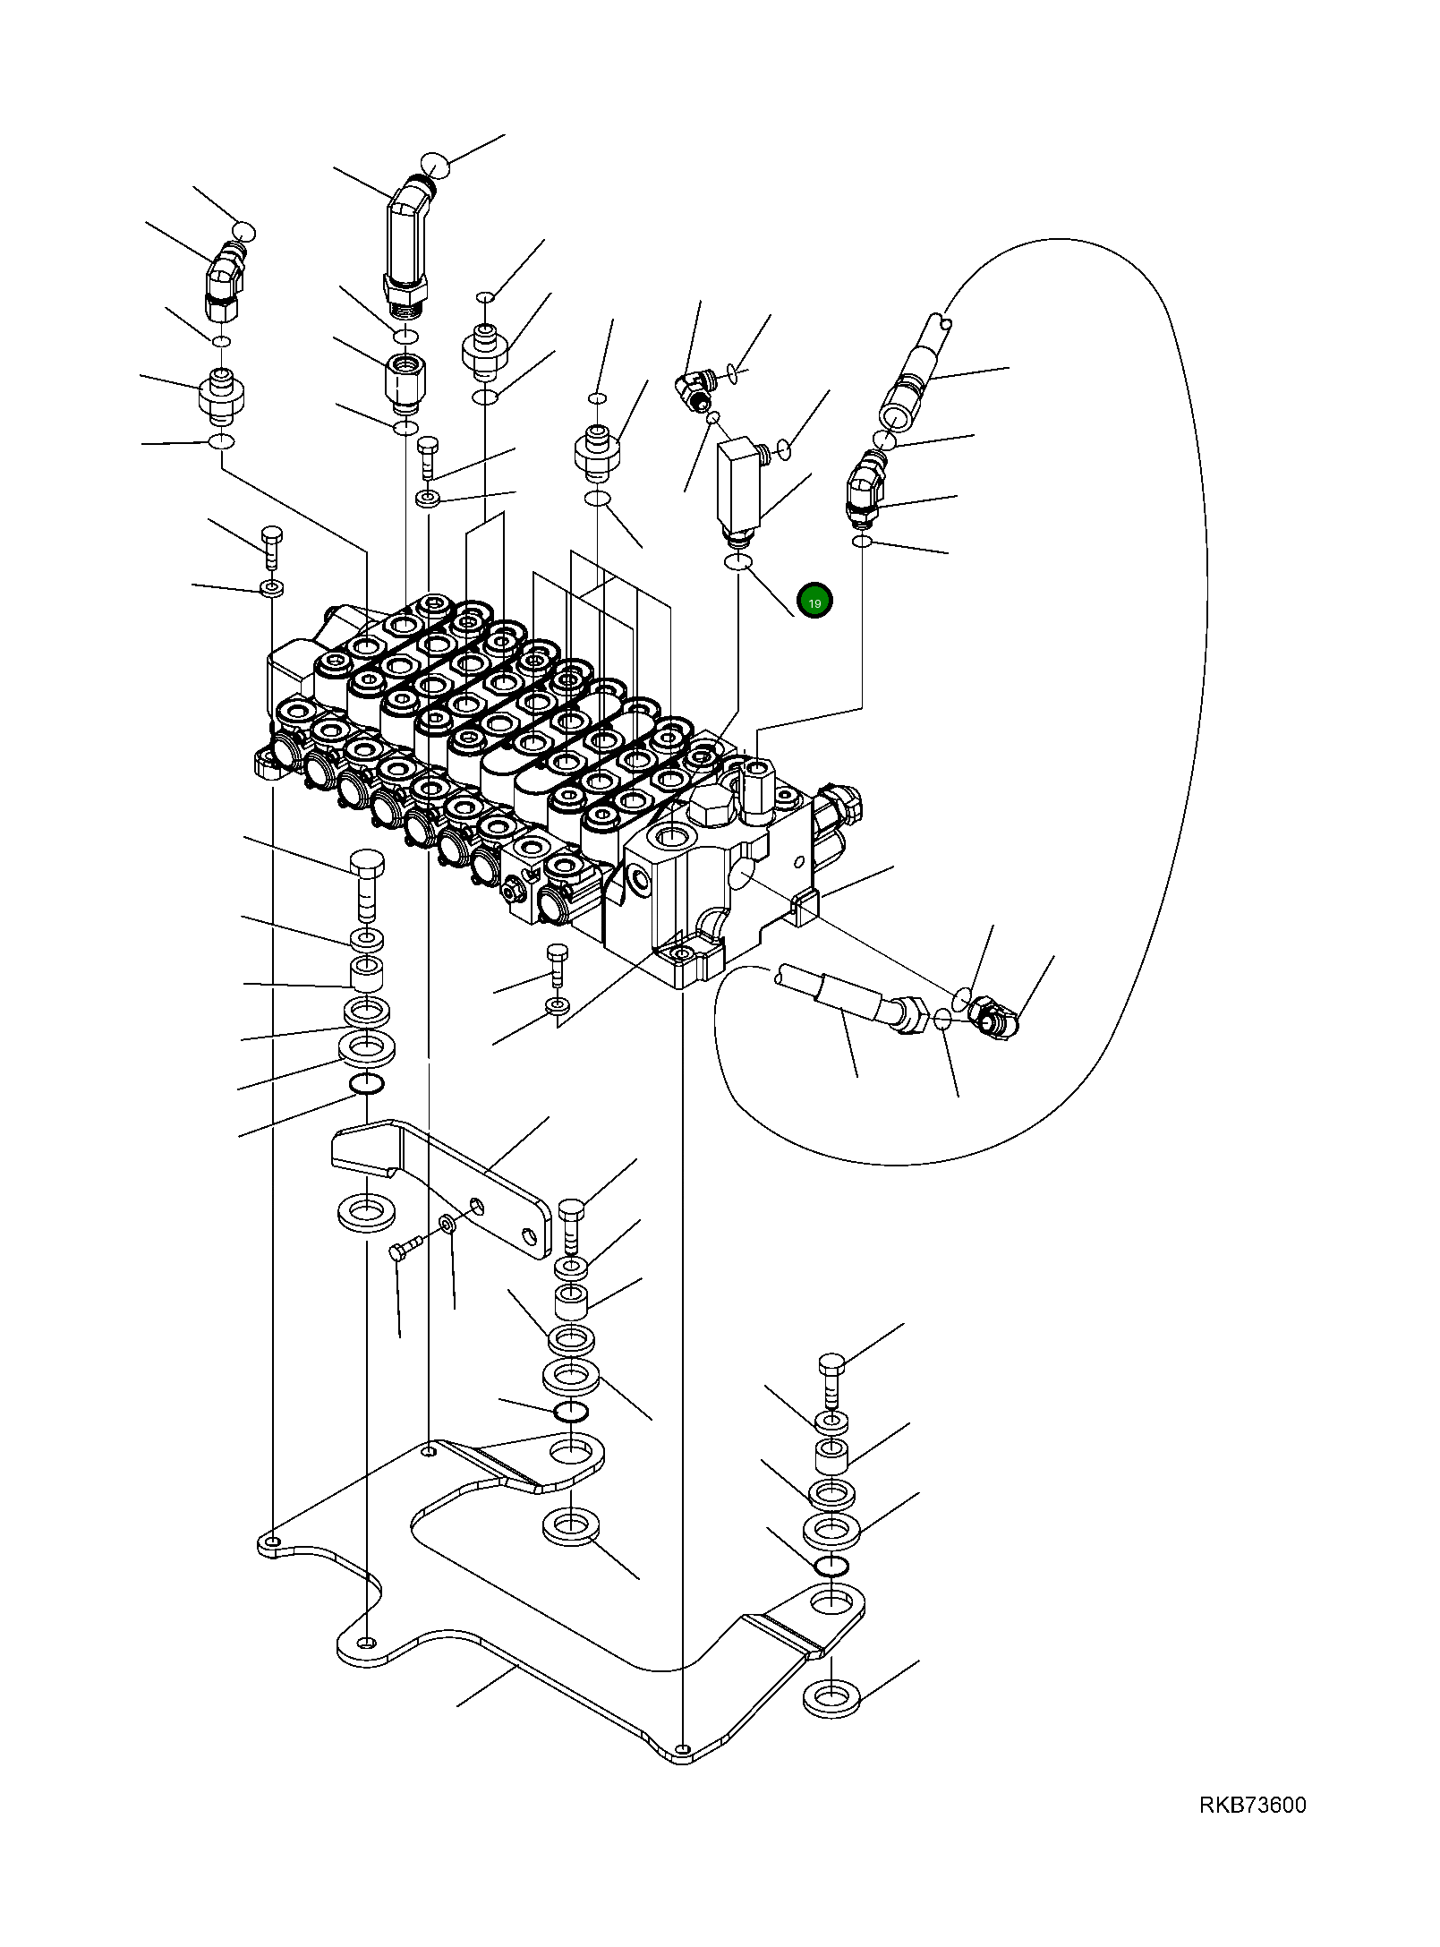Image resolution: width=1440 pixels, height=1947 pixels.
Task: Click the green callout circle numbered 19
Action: [x=814, y=602]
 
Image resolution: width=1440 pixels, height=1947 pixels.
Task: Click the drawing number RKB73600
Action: [x=1252, y=1806]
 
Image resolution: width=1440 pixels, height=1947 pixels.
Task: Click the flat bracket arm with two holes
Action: [x=443, y=1183]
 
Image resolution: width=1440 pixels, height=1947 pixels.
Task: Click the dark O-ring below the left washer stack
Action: [x=366, y=1085]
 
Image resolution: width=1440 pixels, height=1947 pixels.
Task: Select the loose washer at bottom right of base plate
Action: [x=831, y=1695]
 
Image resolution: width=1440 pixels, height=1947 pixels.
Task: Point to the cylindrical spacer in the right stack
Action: [x=831, y=1457]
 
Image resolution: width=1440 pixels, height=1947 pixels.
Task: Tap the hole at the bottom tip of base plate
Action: [x=683, y=1749]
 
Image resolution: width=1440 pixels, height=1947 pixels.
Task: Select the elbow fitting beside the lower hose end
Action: [x=993, y=1019]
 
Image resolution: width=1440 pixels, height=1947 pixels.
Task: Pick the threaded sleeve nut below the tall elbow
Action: [x=405, y=382]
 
